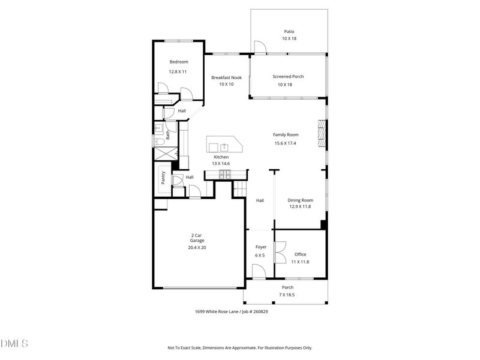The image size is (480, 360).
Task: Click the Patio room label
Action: tap(289, 31)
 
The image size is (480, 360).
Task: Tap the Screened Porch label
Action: tap(288, 77)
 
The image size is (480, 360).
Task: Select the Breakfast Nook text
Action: tap(226, 77)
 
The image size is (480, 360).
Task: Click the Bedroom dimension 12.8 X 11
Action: tap(178, 71)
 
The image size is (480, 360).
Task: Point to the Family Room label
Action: tap(286, 135)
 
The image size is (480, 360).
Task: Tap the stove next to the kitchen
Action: tap(225, 175)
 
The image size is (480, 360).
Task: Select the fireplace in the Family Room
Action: tap(322, 134)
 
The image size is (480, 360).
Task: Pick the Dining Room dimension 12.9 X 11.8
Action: tap(301, 206)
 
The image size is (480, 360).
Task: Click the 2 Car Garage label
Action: tap(197, 238)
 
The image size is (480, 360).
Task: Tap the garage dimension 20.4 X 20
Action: tap(197, 247)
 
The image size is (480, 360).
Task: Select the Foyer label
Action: tap(260, 247)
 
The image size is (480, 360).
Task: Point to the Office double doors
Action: tap(279, 252)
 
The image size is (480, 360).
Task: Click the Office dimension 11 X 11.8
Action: tap(300, 262)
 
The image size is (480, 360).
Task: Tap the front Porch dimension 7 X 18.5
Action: tap(287, 295)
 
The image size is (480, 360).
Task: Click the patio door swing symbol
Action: tap(259, 47)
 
